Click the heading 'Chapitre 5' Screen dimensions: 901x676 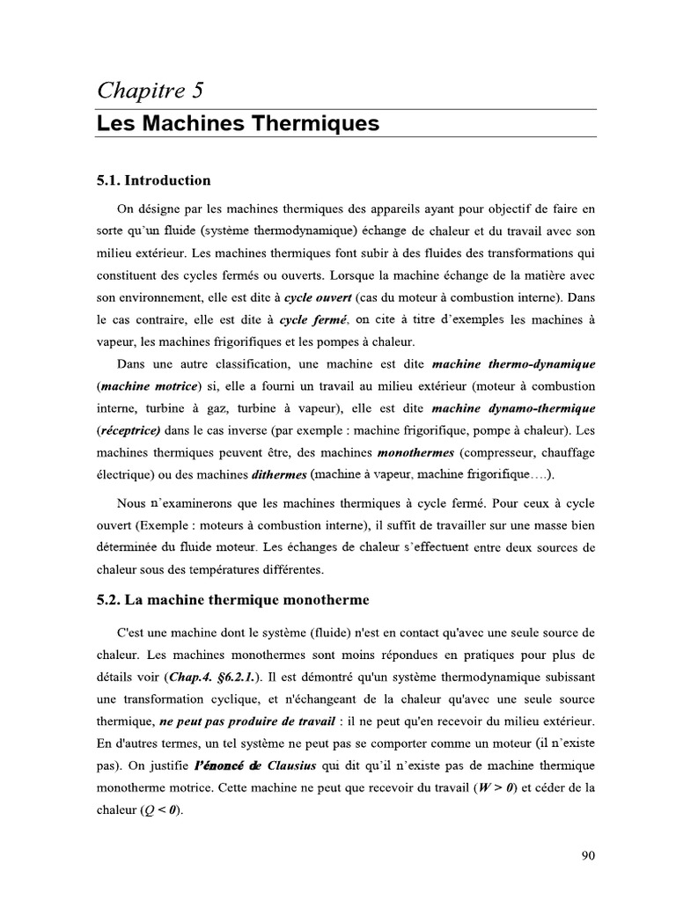coord(151,89)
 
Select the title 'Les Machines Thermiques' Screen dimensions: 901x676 coord(238,123)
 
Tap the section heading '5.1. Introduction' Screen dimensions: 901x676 coord(154,180)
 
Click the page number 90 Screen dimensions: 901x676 coord(589,854)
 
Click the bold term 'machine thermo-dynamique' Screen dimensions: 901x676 coord(514,363)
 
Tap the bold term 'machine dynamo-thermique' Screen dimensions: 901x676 coord(514,408)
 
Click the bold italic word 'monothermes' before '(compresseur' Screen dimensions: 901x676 coord(415,453)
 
